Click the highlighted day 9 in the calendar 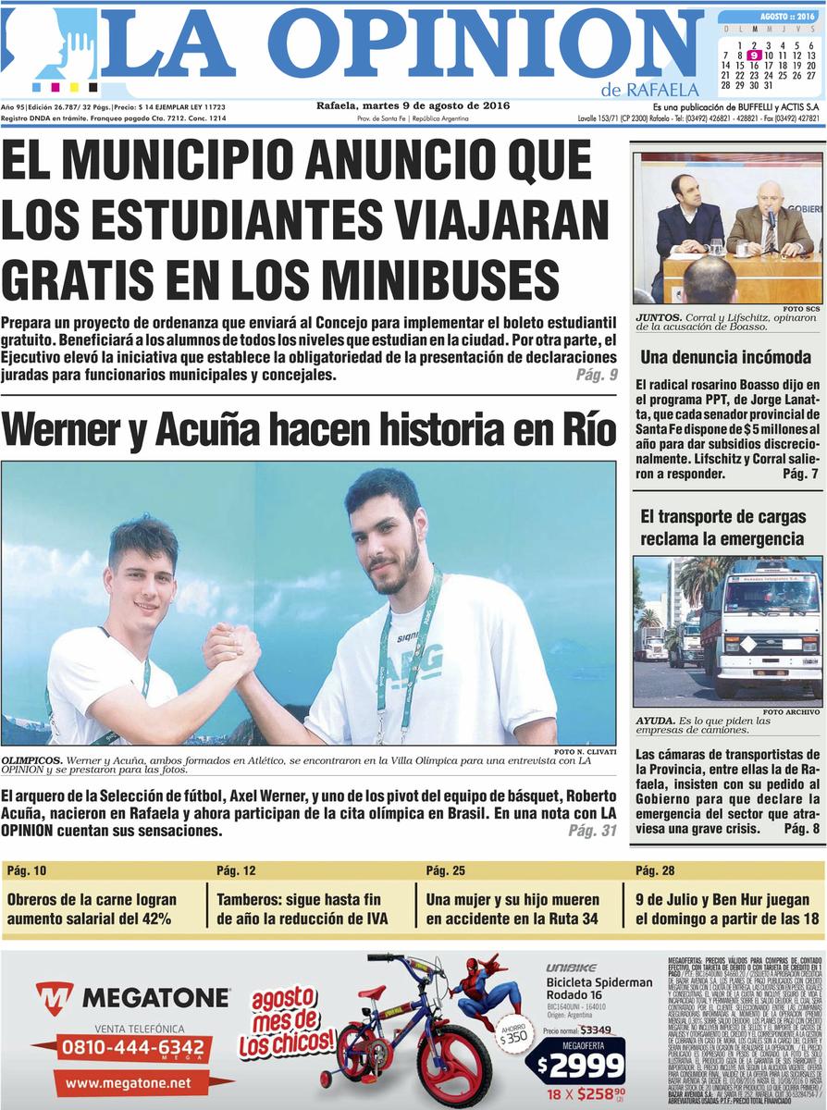[755, 55]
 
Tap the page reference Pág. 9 [596, 376]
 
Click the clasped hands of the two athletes [230, 648]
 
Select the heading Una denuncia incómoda [725, 356]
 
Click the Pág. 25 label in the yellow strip [445, 870]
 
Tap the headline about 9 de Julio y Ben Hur [727, 908]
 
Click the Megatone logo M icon [55, 997]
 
